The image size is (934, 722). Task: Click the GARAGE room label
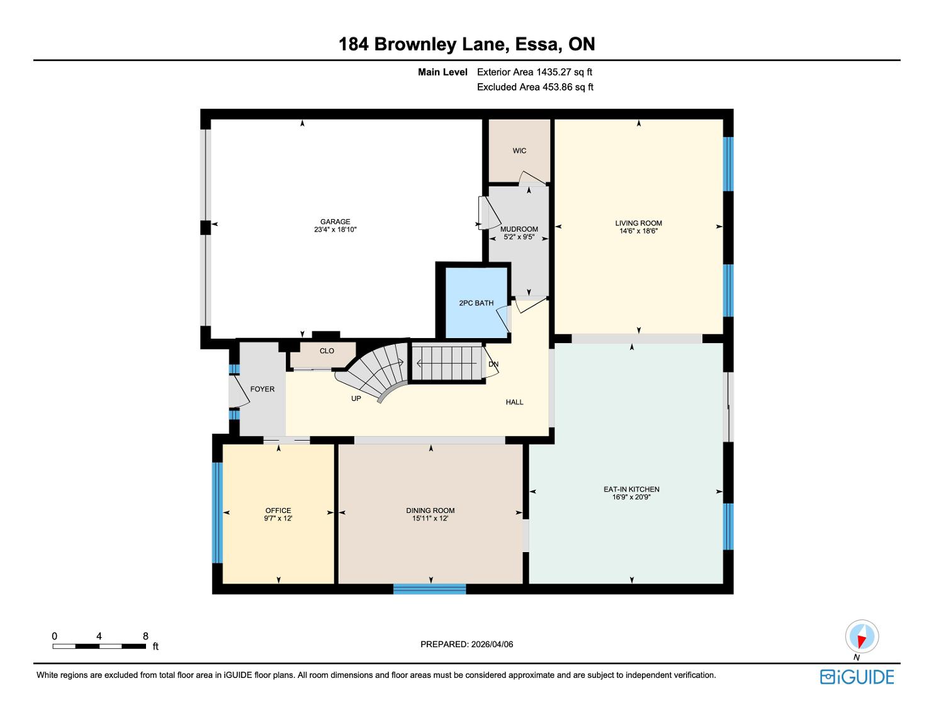(x=335, y=222)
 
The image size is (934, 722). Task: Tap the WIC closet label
(x=519, y=151)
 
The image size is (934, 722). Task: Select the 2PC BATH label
(x=476, y=303)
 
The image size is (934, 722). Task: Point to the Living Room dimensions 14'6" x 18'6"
(x=638, y=231)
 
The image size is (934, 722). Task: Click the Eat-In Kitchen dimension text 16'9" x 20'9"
(x=631, y=497)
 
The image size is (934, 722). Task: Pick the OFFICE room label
(x=278, y=510)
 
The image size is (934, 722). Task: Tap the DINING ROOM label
(x=430, y=510)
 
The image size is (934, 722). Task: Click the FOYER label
(x=262, y=389)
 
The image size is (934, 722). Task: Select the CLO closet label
(x=327, y=351)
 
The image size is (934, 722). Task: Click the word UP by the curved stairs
(x=356, y=398)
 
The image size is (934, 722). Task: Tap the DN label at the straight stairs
(x=493, y=364)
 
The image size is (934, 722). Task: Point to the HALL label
(x=514, y=402)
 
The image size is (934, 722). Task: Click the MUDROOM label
(x=519, y=230)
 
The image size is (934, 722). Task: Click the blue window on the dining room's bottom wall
(x=429, y=589)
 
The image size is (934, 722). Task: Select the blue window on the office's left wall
(x=218, y=513)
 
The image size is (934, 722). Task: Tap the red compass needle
(x=862, y=641)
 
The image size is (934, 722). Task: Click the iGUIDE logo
(x=857, y=677)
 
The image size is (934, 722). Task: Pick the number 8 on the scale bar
(x=146, y=636)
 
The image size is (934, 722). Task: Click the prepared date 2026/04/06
(x=492, y=644)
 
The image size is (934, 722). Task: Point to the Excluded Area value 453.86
(x=558, y=87)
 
